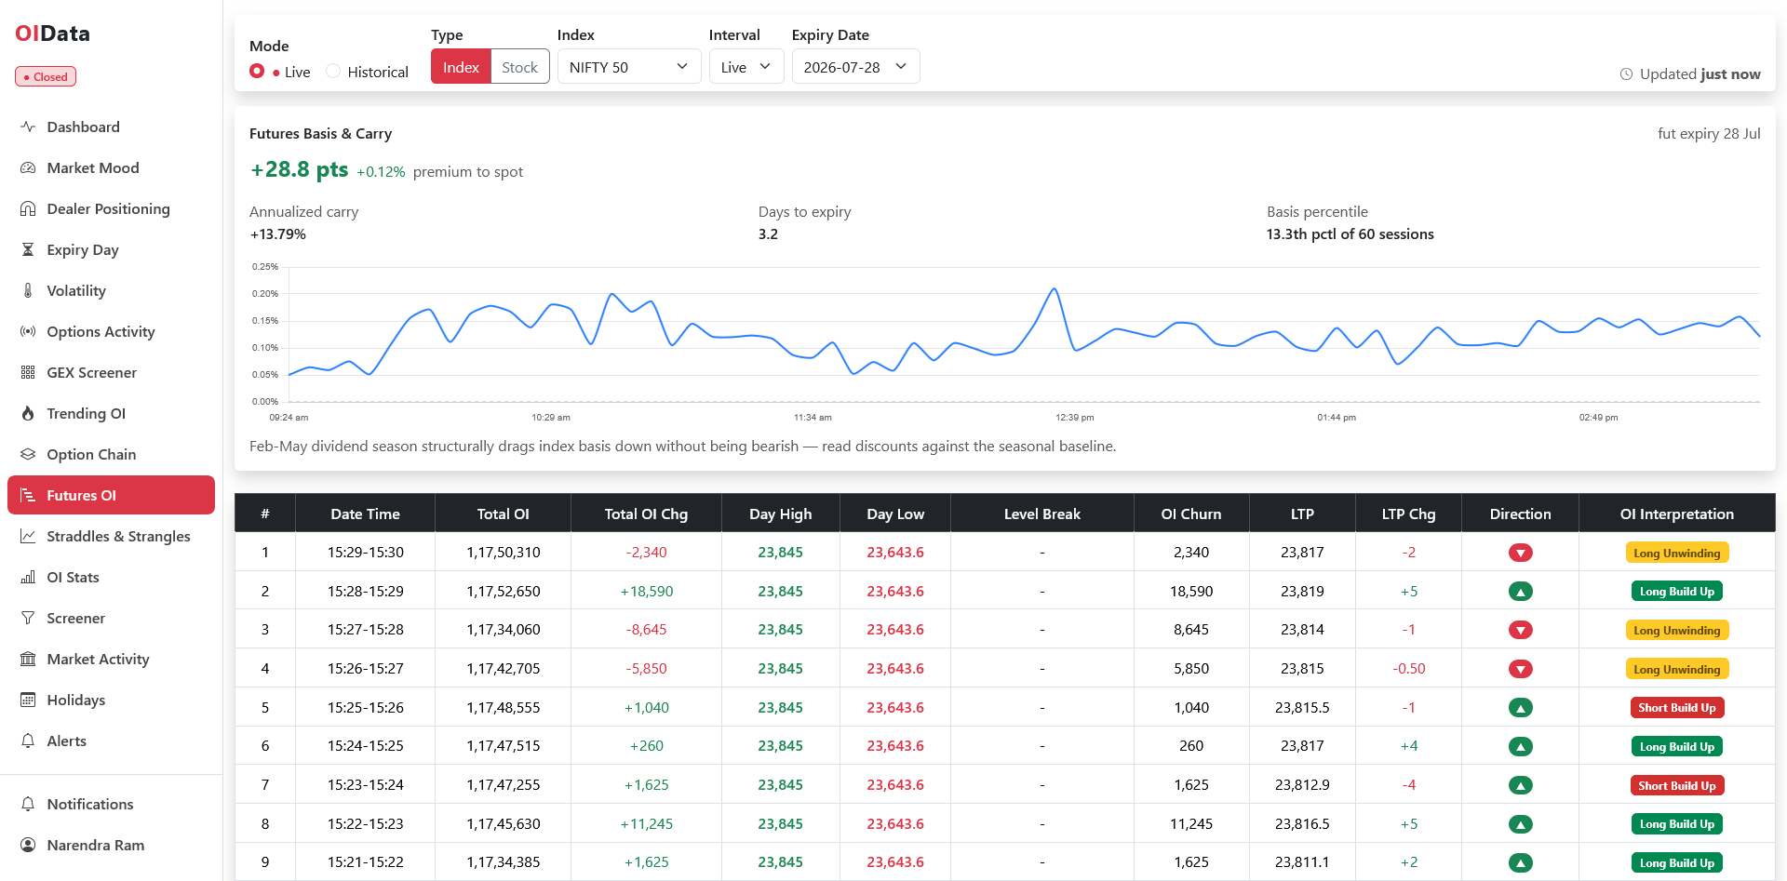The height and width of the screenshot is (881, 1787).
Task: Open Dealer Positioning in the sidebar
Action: click(108, 208)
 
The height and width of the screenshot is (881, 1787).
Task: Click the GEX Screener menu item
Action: click(91, 372)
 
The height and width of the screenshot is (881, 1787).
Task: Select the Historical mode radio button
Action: click(333, 72)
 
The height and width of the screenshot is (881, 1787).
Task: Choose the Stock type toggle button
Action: click(519, 67)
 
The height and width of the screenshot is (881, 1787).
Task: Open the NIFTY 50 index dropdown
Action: click(628, 67)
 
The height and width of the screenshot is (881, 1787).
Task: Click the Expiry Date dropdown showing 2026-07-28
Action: click(855, 67)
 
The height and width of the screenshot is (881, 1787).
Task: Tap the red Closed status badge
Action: click(46, 77)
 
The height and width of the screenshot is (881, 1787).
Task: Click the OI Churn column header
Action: click(1190, 514)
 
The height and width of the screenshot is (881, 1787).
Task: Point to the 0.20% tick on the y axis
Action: click(265, 294)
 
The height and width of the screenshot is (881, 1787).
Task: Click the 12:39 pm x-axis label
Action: click(1074, 418)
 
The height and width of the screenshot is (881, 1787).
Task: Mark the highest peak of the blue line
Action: click(1055, 289)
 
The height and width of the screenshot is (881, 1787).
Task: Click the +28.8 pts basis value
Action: click(299, 170)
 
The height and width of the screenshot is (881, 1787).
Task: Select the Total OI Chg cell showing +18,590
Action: click(646, 592)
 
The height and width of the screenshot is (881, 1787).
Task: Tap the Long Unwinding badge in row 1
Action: click(1676, 553)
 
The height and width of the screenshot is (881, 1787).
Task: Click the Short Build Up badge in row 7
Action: click(1676, 785)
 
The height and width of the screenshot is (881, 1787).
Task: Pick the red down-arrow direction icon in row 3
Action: click(1520, 630)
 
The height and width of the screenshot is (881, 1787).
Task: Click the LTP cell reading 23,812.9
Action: click(1302, 785)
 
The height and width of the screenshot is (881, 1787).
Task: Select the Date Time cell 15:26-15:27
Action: click(365, 669)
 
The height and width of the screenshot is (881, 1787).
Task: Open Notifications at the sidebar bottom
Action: click(89, 804)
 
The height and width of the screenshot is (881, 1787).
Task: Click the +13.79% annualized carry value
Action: click(277, 234)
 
